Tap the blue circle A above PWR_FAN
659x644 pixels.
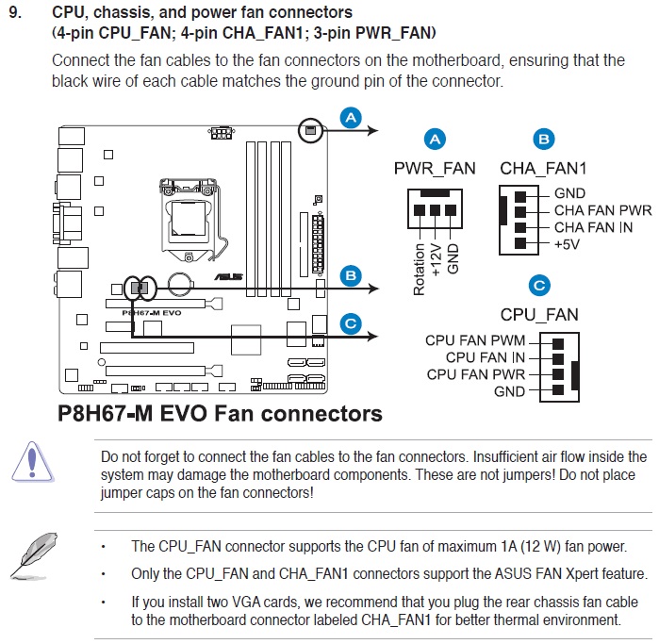[x=435, y=140]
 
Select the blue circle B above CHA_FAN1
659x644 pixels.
[x=543, y=140]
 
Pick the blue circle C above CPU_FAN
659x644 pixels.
[x=539, y=286]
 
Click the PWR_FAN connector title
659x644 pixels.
[x=435, y=169]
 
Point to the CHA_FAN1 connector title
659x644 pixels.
[x=544, y=169]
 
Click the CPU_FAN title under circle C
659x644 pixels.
[x=539, y=315]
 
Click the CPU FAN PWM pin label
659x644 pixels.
[x=475, y=340]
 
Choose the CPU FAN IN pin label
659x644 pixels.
[x=486, y=357]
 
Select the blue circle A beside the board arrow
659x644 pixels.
[x=351, y=118]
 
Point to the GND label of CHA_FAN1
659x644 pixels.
[x=569, y=193]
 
